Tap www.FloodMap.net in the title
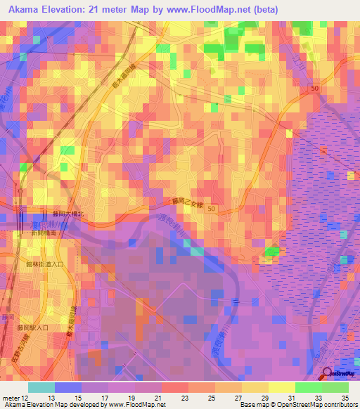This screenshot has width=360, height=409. tap(218, 10)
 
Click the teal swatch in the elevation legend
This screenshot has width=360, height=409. tap(41, 387)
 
